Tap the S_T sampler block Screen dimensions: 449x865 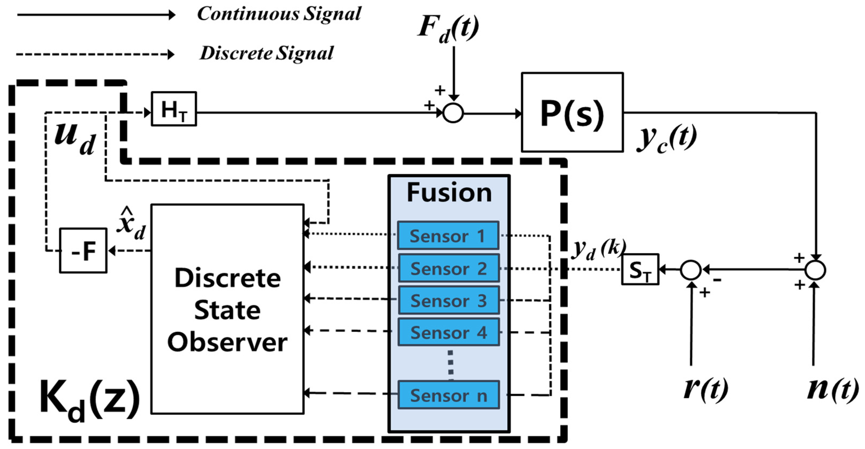(x=640, y=269)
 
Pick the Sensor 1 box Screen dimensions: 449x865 (x=448, y=236)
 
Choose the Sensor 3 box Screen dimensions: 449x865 (x=449, y=300)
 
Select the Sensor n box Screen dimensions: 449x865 (x=449, y=395)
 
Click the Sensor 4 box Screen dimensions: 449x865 (x=449, y=332)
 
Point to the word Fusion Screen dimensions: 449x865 (x=449, y=193)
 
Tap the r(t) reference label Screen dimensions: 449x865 (x=705, y=389)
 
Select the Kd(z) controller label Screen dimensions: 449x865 (x=89, y=399)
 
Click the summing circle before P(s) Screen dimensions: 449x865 (x=453, y=113)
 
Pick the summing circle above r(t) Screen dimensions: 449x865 (x=691, y=270)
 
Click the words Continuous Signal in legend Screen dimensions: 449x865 (x=279, y=14)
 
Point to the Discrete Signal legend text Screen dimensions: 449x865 (x=266, y=53)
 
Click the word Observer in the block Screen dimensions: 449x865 (x=227, y=342)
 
